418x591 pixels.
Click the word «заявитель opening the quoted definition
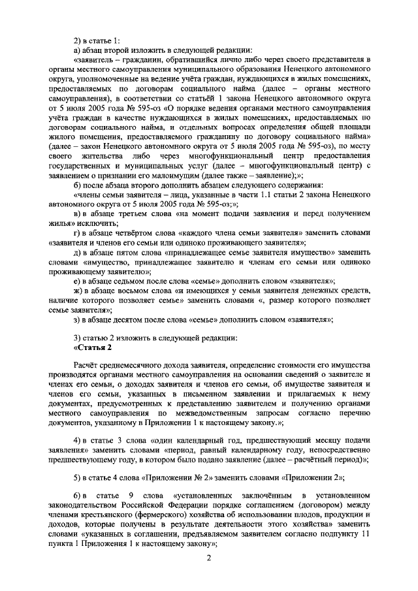point(100,59)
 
